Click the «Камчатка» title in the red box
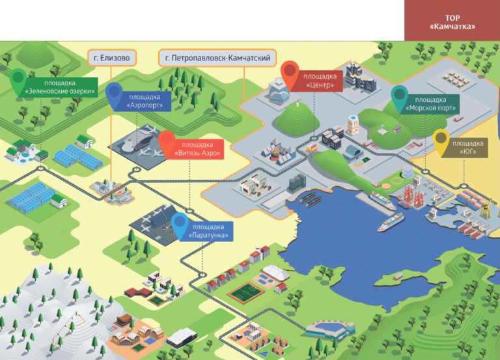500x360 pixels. point(452,27)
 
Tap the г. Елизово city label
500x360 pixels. point(112,58)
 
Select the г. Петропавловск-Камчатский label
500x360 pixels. point(217,58)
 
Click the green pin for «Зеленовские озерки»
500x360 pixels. point(18,81)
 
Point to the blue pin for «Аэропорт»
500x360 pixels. point(114,94)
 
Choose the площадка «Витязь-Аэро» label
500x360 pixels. point(197,149)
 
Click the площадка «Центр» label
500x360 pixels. point(320,81)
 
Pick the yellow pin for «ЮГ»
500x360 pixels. point(441,143)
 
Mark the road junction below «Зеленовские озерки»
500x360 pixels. point(40,168)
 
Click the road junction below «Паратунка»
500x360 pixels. point(202,275)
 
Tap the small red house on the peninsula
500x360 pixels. point(398,276)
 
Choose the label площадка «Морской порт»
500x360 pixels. point(431,104)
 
